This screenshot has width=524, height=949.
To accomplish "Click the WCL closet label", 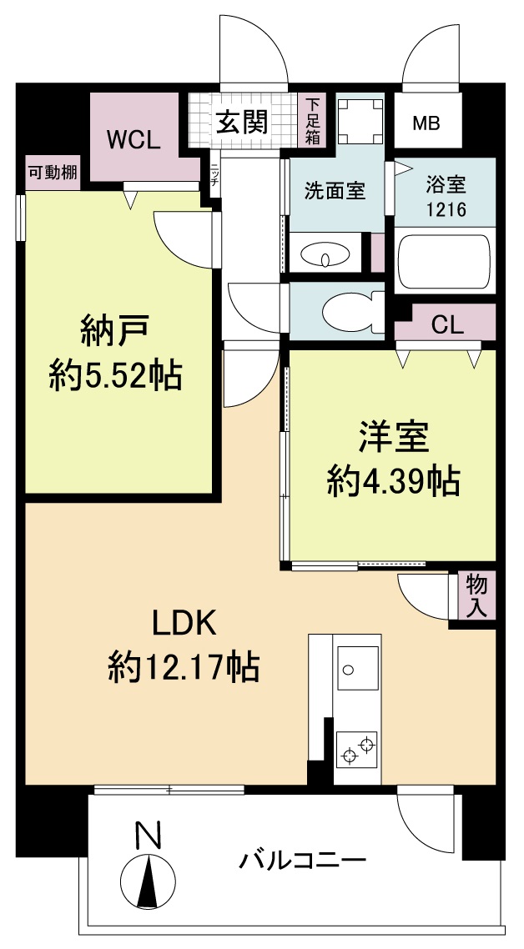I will click(133, 140).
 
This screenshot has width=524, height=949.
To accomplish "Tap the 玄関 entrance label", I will click(243, 123).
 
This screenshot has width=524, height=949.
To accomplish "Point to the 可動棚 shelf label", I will click(53, 173).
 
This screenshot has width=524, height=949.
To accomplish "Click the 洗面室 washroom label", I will click(334, 191).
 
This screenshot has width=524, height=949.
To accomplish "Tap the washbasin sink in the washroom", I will click(325, 254).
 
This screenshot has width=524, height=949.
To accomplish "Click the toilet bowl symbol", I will click(346, 310).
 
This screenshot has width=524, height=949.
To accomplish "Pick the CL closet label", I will click(447, 325).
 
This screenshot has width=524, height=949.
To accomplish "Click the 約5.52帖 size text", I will click(115, 377).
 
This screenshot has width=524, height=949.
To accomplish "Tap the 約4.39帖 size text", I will click(393, 481).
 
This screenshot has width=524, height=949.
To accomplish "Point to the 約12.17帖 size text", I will click(183, 667).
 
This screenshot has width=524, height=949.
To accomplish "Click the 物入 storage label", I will click(476, 595).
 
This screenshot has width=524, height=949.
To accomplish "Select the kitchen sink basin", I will click(357, 667).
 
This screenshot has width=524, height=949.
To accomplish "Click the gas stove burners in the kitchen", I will click(358, 748).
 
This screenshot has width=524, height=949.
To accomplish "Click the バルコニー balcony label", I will click(303, 860).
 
